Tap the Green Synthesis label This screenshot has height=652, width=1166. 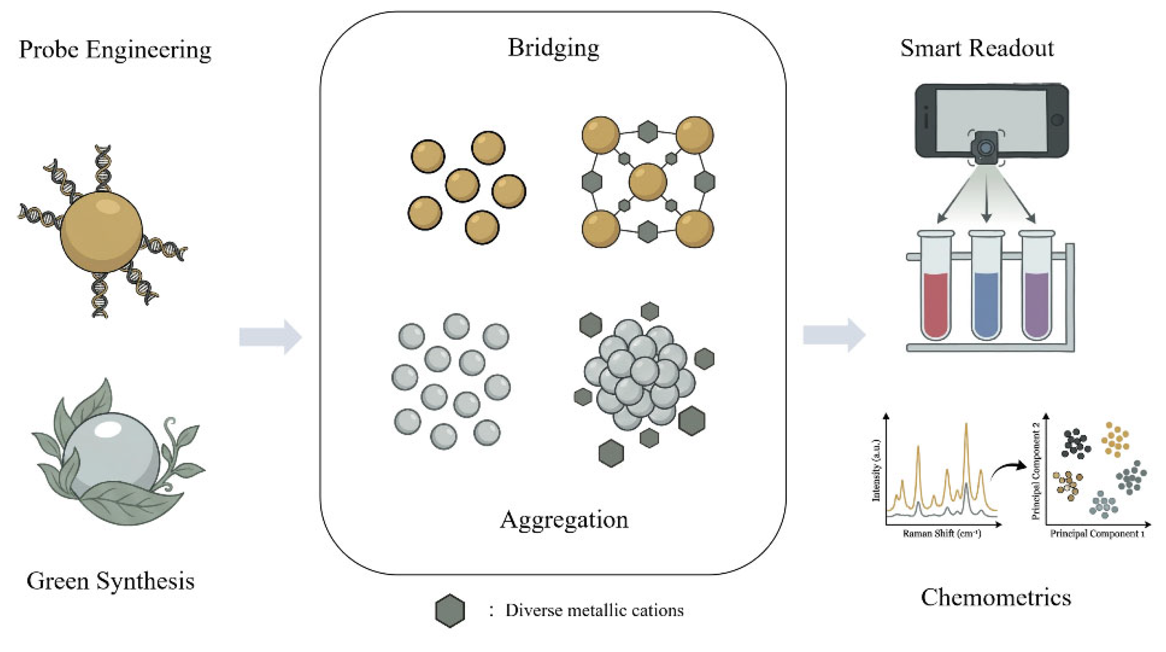coord(111,582)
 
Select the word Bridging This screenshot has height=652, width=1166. coord(553,48)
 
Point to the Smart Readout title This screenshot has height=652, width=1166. coord(977,48)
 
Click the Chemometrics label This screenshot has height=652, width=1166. coord(996,597)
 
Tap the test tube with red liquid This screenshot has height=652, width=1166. coord(935,285)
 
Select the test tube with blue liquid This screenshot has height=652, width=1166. coord(986,285)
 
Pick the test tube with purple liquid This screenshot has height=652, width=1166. coord(1036,285)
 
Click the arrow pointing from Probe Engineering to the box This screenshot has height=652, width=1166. coord(270,337)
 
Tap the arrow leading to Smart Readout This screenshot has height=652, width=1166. coord(834,335)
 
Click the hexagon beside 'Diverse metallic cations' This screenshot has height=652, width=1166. coord(450,610)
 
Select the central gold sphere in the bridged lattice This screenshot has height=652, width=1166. coord(647,182)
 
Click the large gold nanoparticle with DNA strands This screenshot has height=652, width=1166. coord(101,231)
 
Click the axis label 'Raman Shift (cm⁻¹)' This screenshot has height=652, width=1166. coord(942,534)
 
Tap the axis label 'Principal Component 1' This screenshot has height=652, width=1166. coord(1097,534)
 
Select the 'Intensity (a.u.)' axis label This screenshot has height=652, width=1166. coord(876,470)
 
